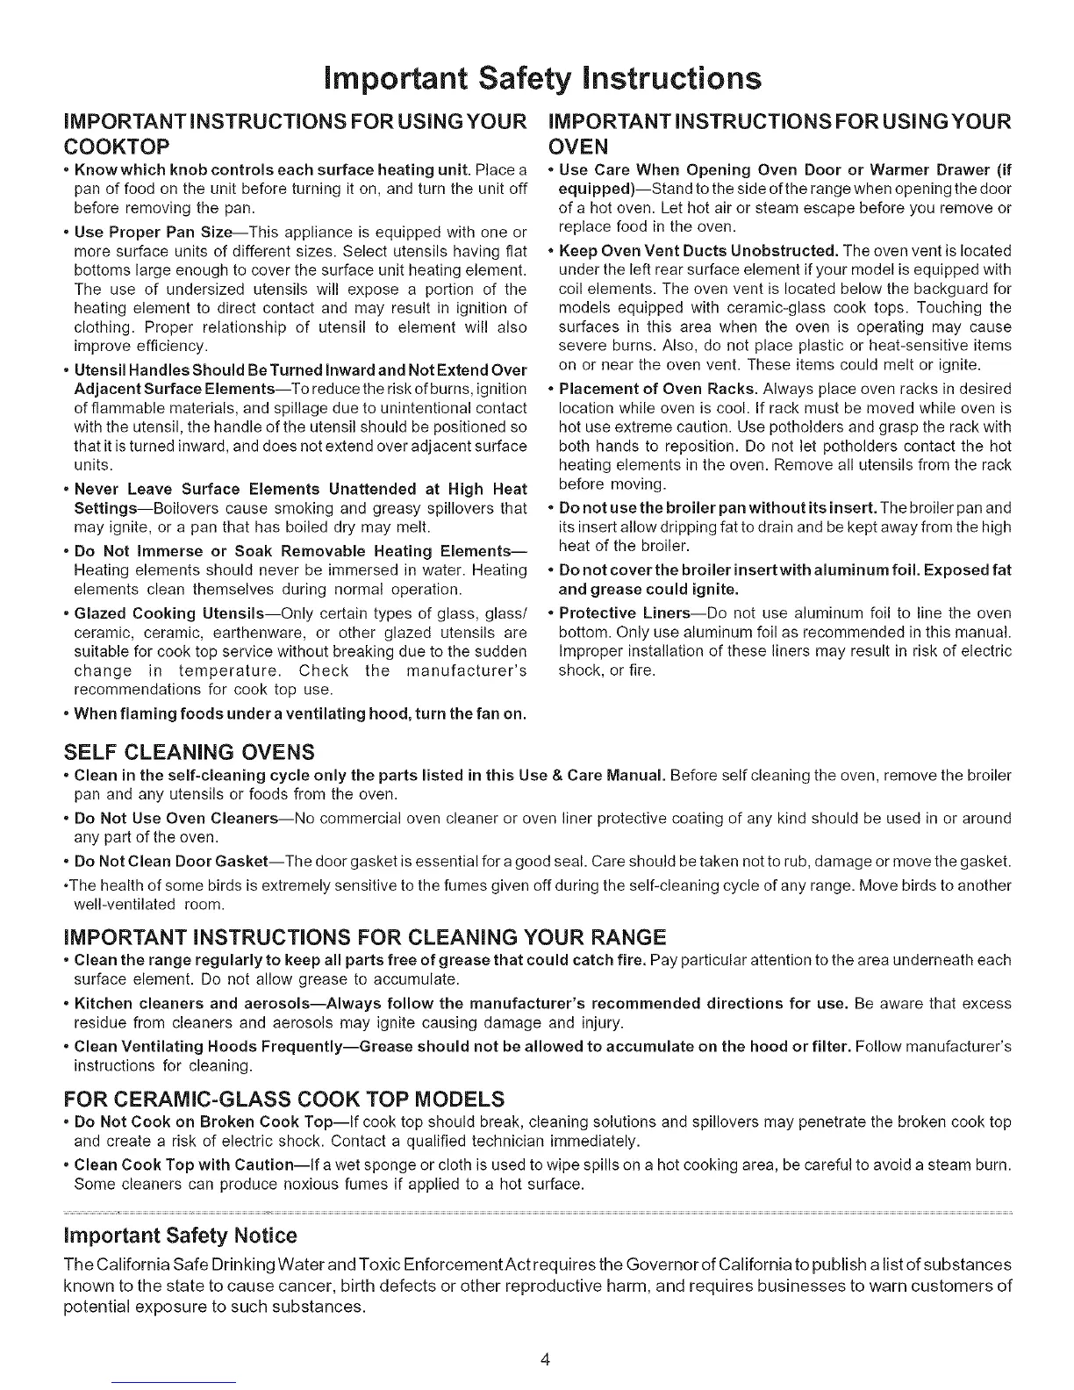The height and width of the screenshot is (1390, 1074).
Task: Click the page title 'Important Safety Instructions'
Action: coord(538,78)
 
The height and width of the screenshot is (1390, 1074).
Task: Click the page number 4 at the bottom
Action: coord(545,1360)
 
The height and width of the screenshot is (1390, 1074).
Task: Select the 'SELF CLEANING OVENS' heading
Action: coord(190,752)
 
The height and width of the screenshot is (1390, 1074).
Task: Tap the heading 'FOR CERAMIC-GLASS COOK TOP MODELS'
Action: coord(285,1099)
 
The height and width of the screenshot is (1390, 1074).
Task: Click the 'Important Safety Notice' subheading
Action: coord(181,1236)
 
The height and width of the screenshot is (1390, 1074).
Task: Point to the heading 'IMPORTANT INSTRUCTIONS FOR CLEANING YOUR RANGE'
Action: coord(365,912)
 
